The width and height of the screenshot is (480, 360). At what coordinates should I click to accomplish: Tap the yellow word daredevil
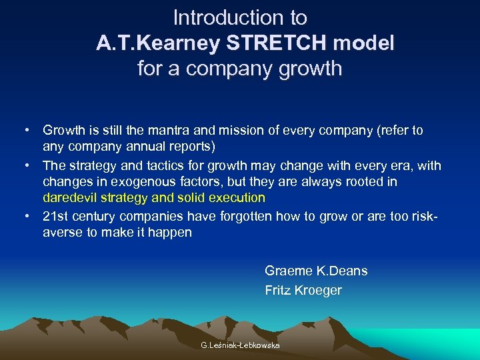click(69, 197)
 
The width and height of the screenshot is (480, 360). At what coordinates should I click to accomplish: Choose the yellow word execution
click(237, 197)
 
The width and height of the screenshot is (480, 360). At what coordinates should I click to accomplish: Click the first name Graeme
click(287, 271)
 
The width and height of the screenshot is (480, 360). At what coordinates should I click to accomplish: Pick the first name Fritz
click(277, 290)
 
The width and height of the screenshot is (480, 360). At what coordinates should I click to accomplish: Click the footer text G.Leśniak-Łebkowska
click(240, 345)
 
